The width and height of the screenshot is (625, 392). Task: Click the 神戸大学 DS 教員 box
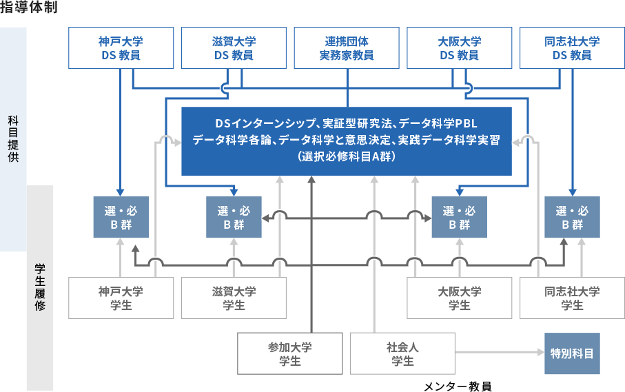pos(121,48)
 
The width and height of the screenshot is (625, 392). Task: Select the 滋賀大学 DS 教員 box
pos(234,48)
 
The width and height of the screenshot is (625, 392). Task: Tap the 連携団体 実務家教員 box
pos(347,48)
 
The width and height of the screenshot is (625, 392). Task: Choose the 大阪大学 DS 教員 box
pos(460,48)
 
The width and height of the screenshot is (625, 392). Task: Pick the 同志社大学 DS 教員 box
pos(572,48)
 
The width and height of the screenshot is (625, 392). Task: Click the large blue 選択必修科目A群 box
pos(347,141)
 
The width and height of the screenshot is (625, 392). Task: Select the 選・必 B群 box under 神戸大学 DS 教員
pos(121,217)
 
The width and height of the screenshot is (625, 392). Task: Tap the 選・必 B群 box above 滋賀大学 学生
pos(234,217)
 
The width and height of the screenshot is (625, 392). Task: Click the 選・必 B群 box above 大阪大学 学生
pos(459,217)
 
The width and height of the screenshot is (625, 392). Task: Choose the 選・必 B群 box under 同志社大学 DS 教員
pos(572,217)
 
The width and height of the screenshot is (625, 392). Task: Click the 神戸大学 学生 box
pos(121,298)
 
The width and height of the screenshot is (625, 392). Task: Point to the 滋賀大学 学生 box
pos(234,298)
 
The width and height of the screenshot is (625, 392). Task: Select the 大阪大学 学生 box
pos(460,298)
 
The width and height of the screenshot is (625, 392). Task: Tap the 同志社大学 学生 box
pos(572,298)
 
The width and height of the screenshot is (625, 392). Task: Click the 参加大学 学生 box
pos(290,353)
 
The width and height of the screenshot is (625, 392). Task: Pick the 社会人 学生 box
pos(403,353)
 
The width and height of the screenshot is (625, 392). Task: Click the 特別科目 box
pos(572,353)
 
